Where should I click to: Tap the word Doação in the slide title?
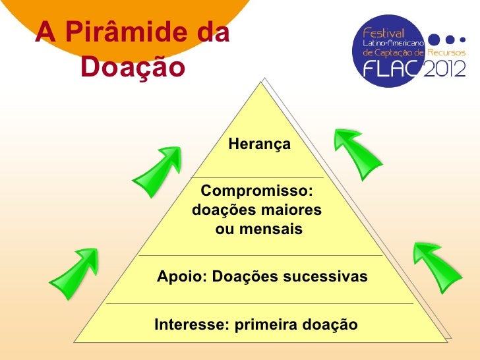click(131, 67)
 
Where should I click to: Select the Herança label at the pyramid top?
click(259, 144)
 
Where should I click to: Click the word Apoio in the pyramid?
click(179, 278)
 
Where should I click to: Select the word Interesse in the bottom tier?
click(185, 324)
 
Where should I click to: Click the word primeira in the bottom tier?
click(264, 324)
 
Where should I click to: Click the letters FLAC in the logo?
click(392, 69)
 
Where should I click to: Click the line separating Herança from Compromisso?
click(257, 177)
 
